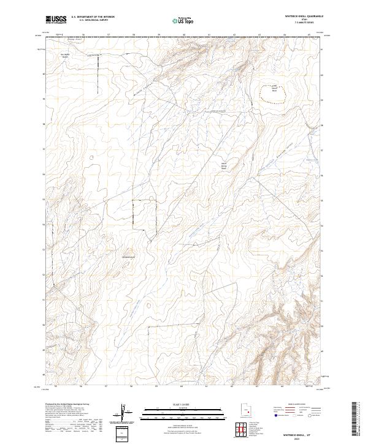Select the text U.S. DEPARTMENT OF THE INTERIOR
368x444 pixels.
click(x=93, y=17)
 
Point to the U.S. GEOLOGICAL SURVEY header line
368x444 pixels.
click(x=93, y=20)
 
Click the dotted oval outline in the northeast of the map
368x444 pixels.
click(x=275, y=92)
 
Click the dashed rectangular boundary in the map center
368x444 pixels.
click(x=145, y=215)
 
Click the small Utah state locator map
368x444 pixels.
click(x=247, y=409)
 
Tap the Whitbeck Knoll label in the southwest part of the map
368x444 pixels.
click(x=129, y=256)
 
